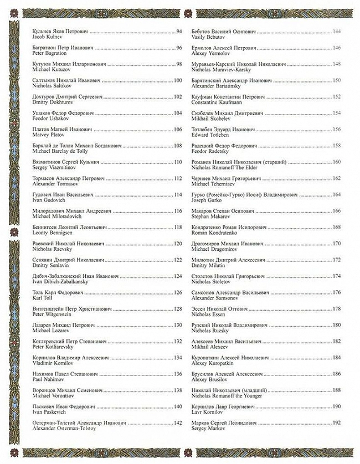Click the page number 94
click(178, 32)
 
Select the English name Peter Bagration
click(50, 54)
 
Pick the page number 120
click(178, 243)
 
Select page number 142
click(178, 423)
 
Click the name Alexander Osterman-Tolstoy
click(65, 429)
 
